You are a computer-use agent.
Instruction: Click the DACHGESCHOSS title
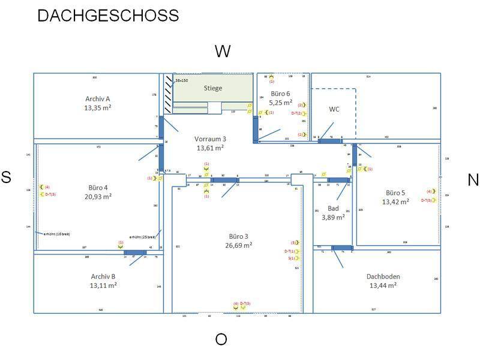pyautogui.click(x=108, y=16)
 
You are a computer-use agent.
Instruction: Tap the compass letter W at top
pyautogui.click(x=223, y=52)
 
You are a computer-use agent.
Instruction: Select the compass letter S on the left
pyautogui.click(x=6, y=177)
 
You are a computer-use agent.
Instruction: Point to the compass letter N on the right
pyautogui.click(x=473, y=179)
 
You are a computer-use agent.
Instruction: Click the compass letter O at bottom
pyautogui.click(x=221, y=340)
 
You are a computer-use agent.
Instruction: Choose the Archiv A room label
pyautogui.click(x=98, y=98)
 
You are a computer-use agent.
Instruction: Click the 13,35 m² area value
pyautogui.click(x=98, y=108)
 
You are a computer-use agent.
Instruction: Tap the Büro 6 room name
pyautogui.click(x=280, y=94)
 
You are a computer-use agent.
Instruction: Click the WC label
pyautogui.click(x=334, y=109)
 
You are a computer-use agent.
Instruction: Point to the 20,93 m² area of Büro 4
pyautogui.click(x=98, y=196)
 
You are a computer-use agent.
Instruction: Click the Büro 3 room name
pyautogui.click(x=238, y=236)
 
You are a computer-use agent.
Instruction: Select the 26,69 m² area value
pyautogui.click(x=238, y=245)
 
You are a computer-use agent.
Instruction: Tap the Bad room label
pyautogui.click(x=333, y=208)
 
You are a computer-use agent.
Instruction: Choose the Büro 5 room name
pyautogui.click(x=395, y=193)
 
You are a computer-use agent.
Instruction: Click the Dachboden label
pyautogui.click(x=383, y=277)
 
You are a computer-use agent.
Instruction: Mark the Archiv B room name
pyautogui.click(x=103, y=277)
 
